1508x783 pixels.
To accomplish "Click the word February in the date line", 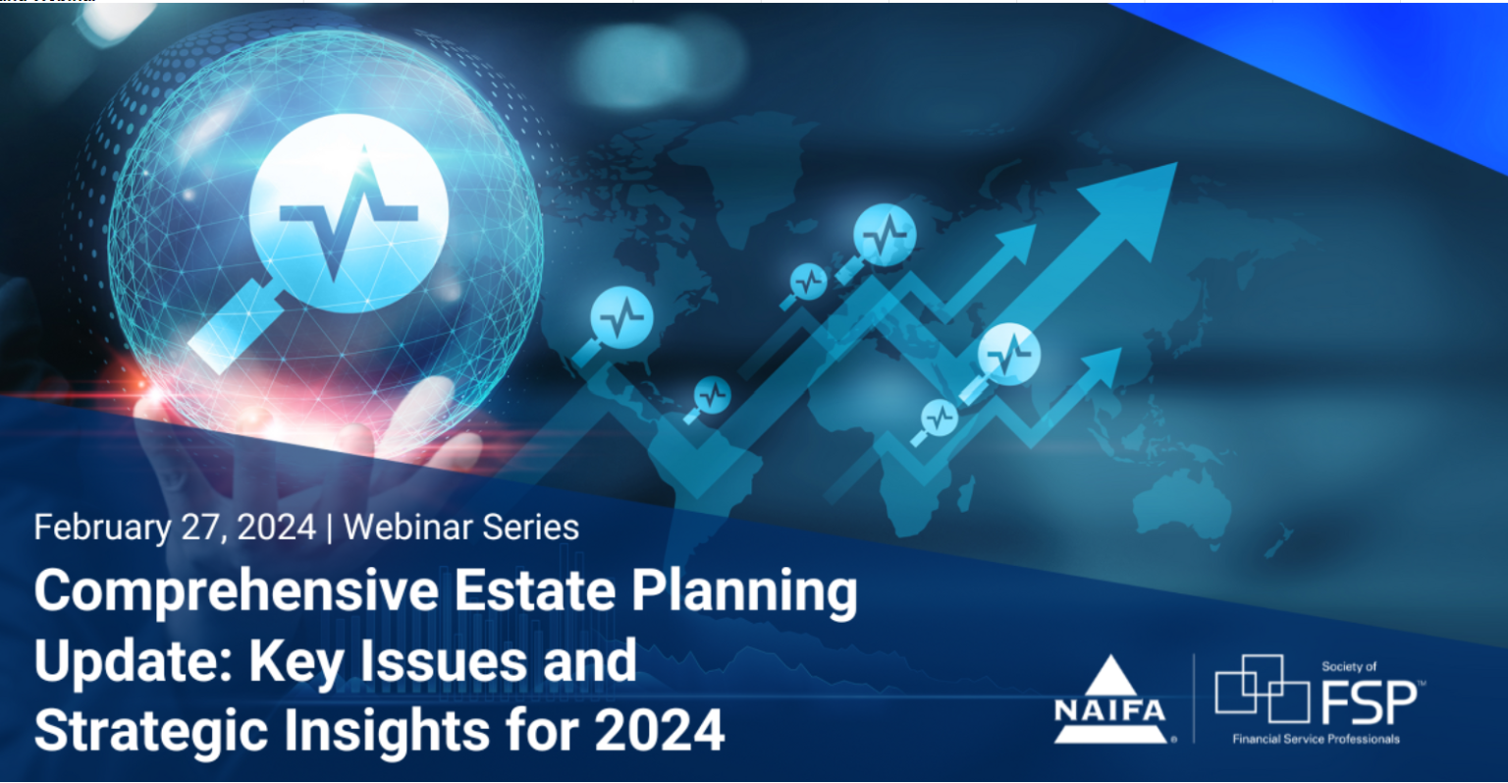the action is point(102,528).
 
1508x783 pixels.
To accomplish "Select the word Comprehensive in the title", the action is point(237,592).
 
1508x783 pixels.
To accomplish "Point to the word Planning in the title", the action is point(744,592).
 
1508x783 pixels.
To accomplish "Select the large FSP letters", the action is point(1369,703).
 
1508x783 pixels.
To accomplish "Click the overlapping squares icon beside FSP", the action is point(1262,689).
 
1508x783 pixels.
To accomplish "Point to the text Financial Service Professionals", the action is point(1317,739).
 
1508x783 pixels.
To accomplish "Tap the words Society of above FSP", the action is point(1348,667).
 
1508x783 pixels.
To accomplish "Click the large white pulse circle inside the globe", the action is point(349,213).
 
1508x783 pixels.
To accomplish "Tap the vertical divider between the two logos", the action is point(1194,699).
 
